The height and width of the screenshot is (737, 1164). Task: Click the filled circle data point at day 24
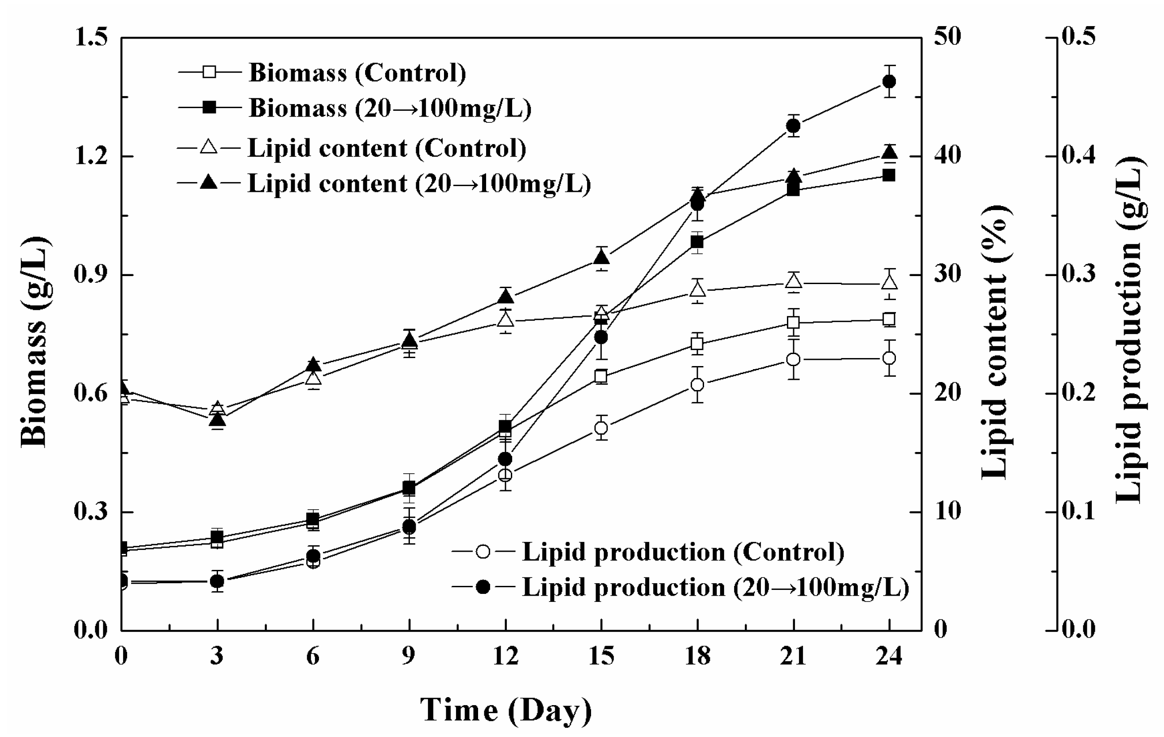pos(889,81)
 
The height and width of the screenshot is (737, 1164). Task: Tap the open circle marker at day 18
pos(697,385)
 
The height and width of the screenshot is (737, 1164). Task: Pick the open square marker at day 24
pos(889,319)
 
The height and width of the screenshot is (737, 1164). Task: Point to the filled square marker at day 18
pos(697,242)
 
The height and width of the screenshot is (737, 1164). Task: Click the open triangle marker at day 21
pos(793,281)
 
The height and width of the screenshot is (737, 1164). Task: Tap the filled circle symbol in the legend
pos(483,587)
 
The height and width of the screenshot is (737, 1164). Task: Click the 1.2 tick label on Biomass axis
pos(90,157)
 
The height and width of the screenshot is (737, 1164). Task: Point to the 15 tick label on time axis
pos(601,656)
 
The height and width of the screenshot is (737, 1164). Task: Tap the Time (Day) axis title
pos(506,710)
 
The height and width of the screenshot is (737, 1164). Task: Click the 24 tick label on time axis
pos(889,656)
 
